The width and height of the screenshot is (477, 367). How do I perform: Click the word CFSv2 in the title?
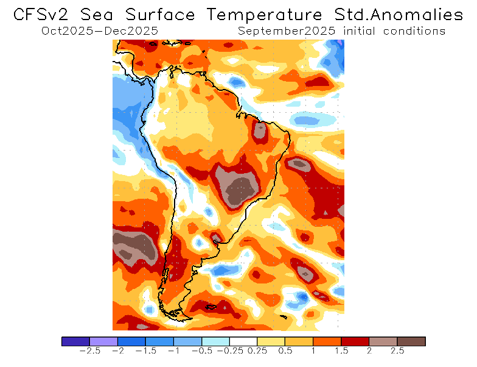click(x=42, y=14)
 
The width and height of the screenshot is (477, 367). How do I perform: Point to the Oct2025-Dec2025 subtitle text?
click(x=100, y=30)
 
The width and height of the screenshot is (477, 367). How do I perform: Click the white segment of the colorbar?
click(x=243, y=341)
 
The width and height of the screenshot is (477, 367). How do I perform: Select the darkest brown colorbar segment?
click(x=411, y=341)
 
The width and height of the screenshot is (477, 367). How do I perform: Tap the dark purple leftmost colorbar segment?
click(x=75, y=341)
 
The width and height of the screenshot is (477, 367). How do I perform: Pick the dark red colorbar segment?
click(x=355, y=341)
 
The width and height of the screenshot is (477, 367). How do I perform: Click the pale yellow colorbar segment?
click(x=271, y=341)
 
